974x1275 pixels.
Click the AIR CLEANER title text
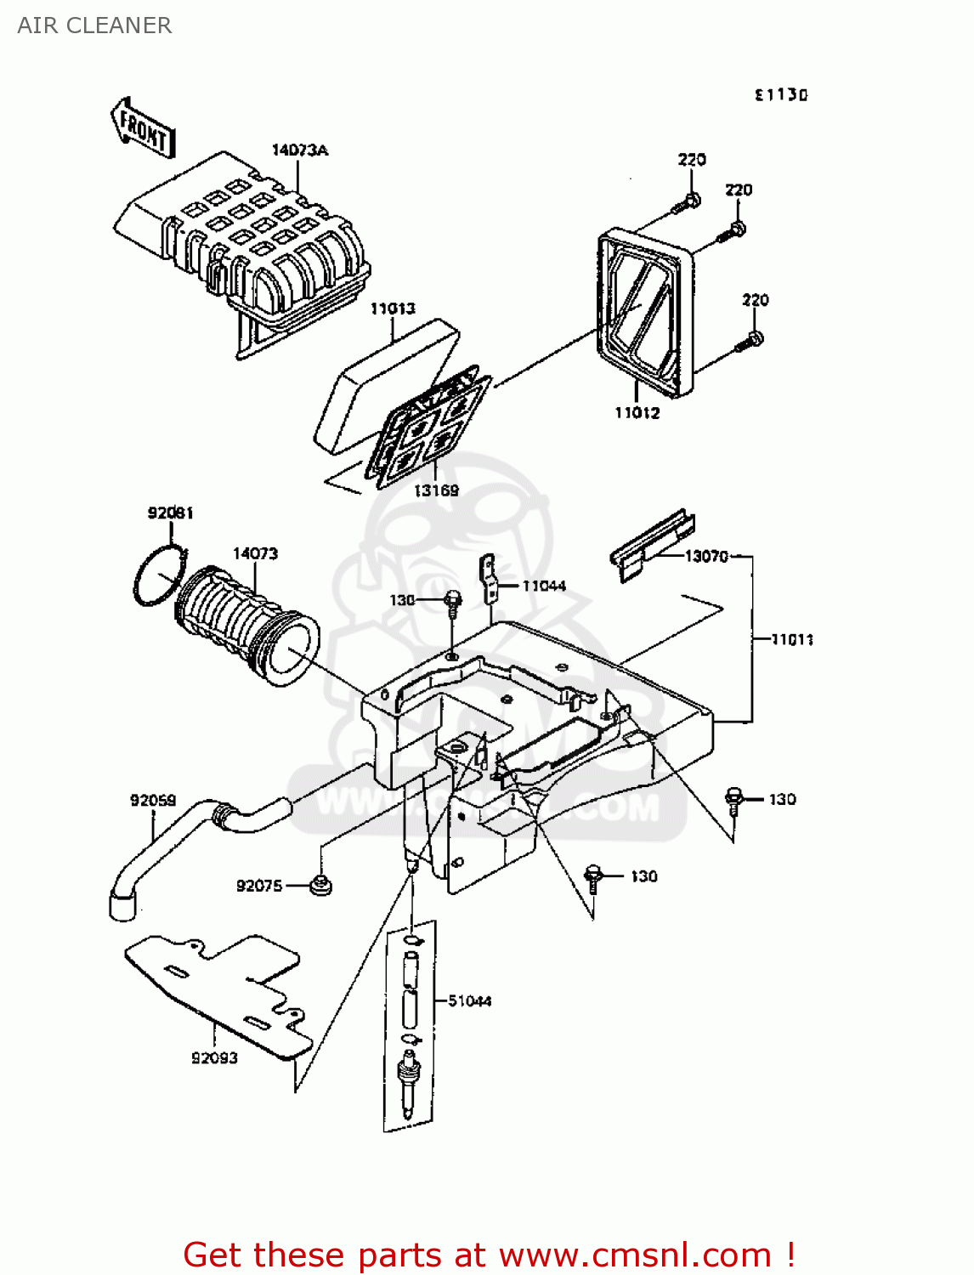coord(94,25)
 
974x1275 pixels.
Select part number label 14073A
coord(299,150)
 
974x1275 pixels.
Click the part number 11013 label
coord(392,309)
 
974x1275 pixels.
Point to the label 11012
coord(637,413)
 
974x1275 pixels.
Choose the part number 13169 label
coord(436,490)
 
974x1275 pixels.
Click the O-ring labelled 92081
coord(159,575)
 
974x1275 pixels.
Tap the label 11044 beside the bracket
coord(543,586)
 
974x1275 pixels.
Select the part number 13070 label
coord(706,556)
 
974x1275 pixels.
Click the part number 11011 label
coord(791,639)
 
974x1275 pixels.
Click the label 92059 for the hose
coord(153,800)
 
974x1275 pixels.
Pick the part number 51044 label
coord(469,1001)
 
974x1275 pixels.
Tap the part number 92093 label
coord(214,1058)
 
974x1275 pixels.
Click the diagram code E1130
coord(780,95)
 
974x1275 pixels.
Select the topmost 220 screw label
coord(691,160)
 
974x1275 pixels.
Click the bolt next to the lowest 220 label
coord(750,342)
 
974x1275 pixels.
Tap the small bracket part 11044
coord(489,577)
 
